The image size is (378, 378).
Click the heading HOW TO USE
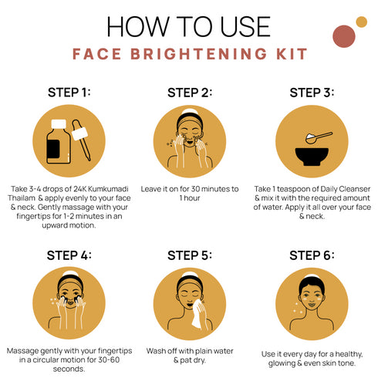(189, 25)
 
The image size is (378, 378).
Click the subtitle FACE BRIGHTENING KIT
(189, 55)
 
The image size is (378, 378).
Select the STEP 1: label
(69, 93)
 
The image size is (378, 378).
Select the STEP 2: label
(190, 93)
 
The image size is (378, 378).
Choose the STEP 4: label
(69, 255)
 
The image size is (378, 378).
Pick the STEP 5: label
(190, 255)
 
